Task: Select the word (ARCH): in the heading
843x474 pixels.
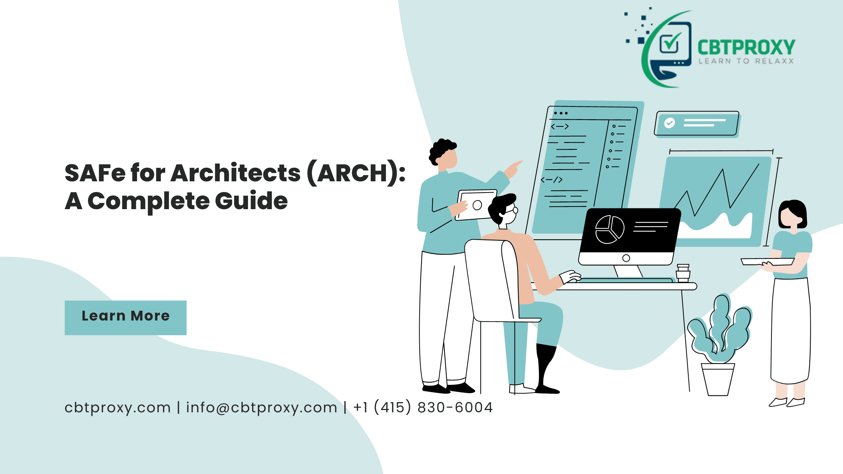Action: (356, 173)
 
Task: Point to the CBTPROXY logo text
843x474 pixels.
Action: (746, 48)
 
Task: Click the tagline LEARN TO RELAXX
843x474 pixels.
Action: (746, 61)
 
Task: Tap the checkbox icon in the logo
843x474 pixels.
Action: (670, 43)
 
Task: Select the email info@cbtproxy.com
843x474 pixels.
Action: (262, 408)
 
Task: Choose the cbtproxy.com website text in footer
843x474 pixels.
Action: (117, 408)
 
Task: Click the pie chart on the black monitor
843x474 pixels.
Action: (609, 229)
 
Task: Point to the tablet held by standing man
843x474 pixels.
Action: (476, 205)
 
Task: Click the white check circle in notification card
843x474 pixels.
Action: (670, 123)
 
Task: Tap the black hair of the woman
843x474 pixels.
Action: (794, 211)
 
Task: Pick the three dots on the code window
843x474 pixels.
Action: (561, 113)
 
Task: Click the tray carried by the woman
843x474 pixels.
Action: (768, 261)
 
